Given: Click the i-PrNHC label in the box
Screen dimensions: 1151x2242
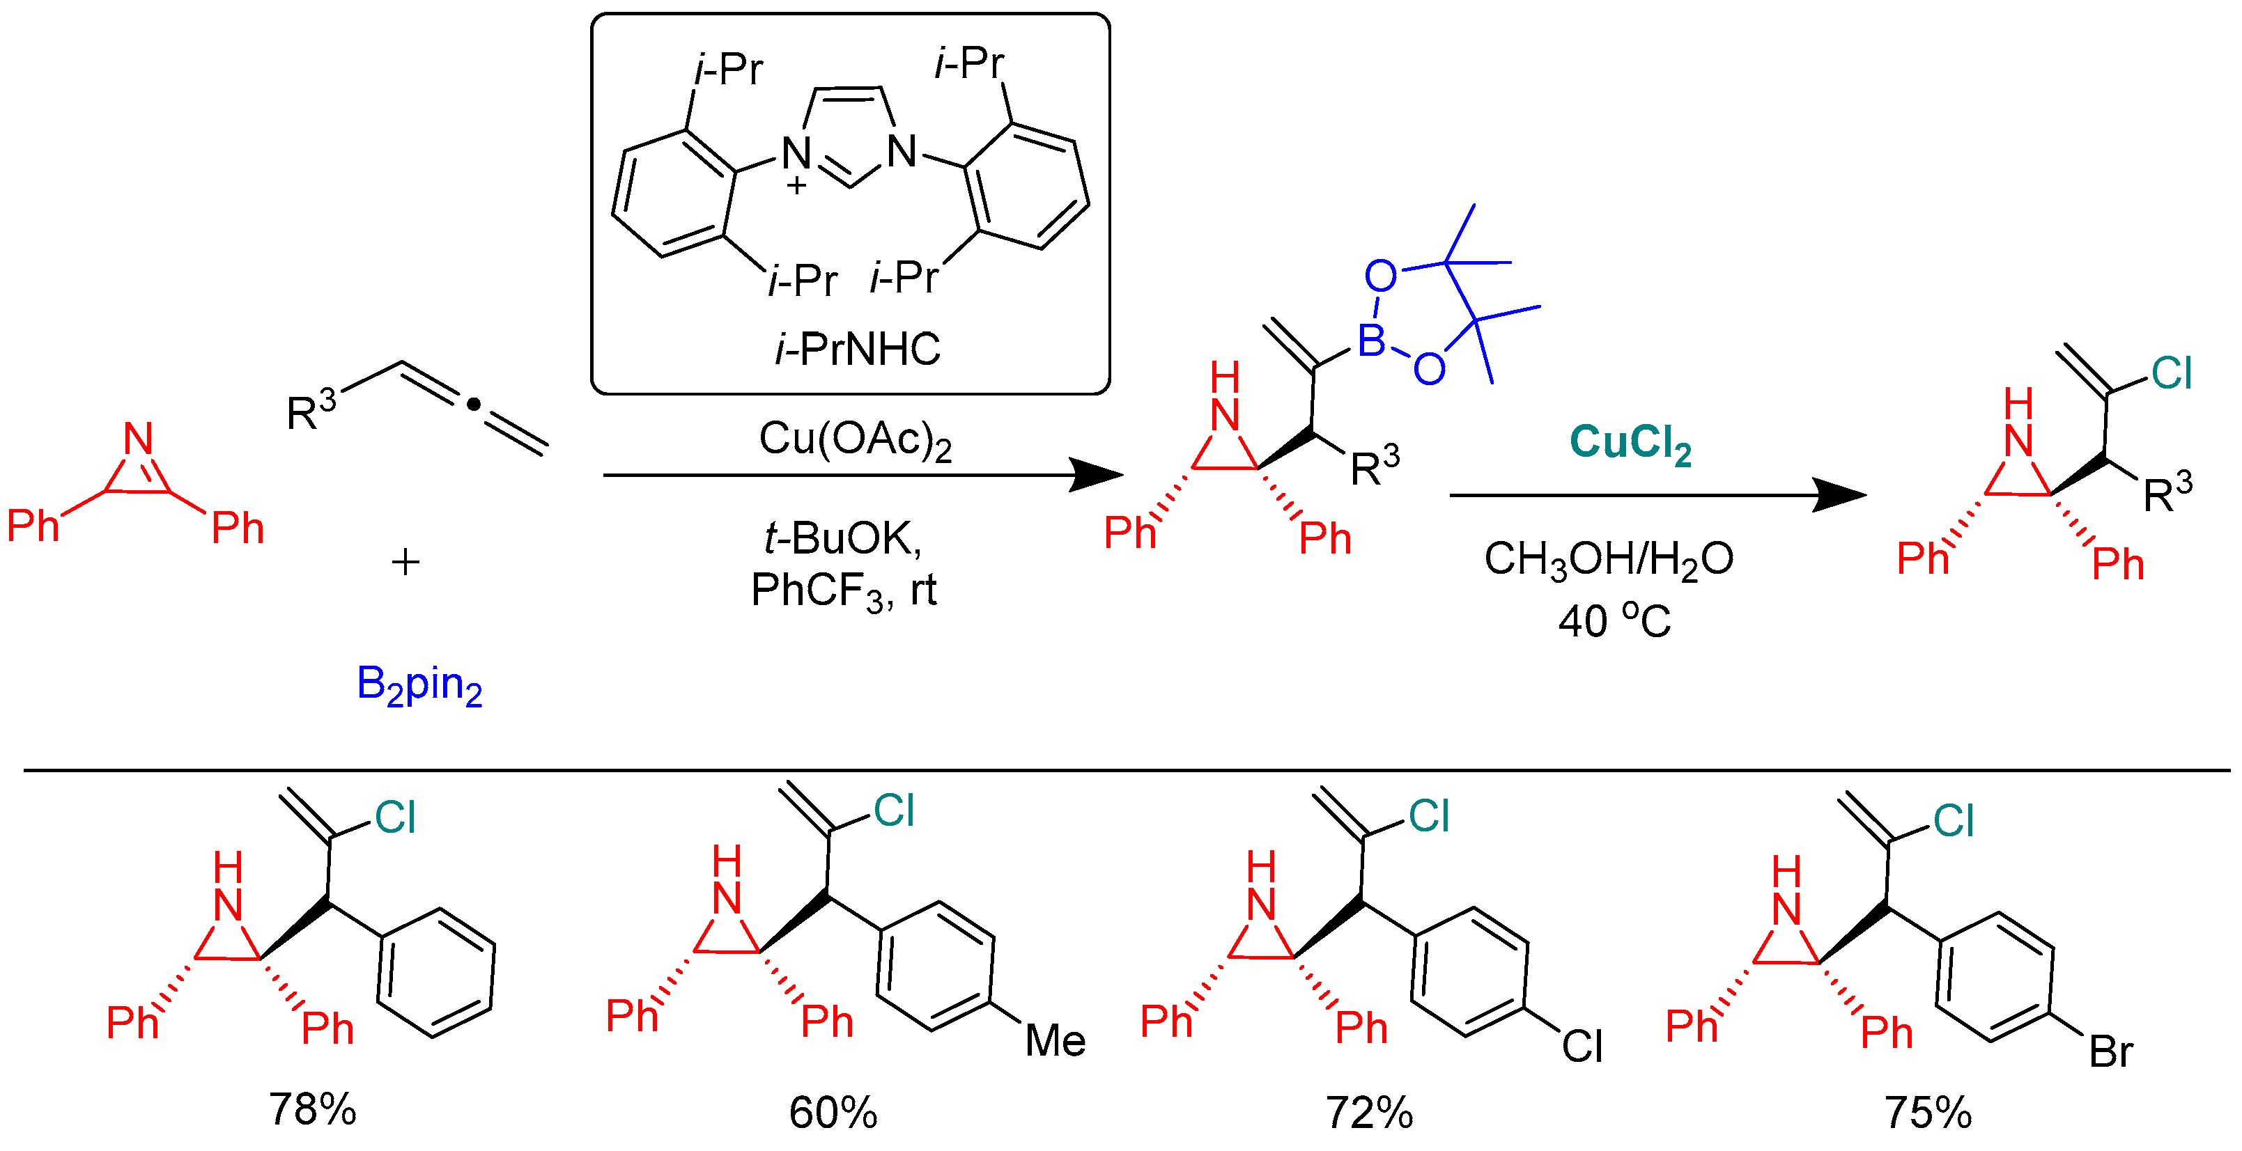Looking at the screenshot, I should click(x=856, y=350).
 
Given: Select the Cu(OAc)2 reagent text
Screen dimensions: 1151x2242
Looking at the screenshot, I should click(x=855, y=439).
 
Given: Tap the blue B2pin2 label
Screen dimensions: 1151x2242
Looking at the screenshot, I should click(x=419, y=686).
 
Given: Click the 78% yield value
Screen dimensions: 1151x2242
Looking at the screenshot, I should click(x=312, y=1109).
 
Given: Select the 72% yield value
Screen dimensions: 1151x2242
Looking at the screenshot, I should click(x=1369, y=1113).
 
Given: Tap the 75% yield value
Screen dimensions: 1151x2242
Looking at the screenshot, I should click(x=1928, y=1113).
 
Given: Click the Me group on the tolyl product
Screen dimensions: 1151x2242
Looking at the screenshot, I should click(x=1055, y=1040).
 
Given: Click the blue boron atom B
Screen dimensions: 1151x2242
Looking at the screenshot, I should click(x=1372, y=341).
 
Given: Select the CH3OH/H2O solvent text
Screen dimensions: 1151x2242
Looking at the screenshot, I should click(x=1609, y=559).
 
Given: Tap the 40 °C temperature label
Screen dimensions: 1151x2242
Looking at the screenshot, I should click(x=1614, y=621).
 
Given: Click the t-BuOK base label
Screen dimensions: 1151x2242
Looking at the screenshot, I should click(x=842, y=538).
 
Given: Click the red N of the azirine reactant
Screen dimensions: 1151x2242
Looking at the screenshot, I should click(x=139, y=439).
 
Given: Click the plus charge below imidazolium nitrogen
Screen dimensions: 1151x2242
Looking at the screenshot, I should click(x=796, y=185).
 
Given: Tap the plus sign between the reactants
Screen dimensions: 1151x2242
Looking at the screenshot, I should click(x=405, y=562).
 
